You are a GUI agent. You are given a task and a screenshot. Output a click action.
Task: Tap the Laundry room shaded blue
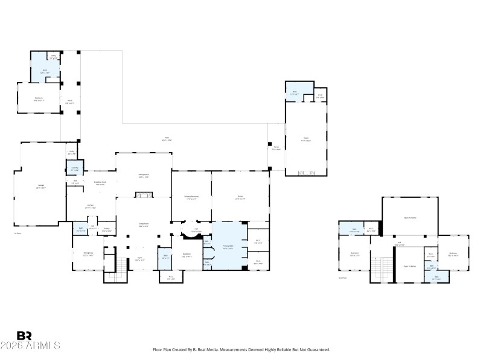click(75, 169)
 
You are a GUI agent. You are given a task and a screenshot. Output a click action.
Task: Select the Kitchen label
click(90, 206)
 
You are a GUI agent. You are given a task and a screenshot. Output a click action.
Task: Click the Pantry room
click(106, 229)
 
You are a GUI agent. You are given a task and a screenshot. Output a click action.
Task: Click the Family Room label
click(144, 176)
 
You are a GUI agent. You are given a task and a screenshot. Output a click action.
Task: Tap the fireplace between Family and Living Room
click(144, 194)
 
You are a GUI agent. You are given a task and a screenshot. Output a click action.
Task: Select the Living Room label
click(144, 226)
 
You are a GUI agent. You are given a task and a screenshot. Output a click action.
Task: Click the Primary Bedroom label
click(191, 198)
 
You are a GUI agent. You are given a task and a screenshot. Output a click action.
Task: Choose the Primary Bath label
click(228, 246)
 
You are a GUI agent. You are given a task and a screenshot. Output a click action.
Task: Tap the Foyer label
click(138, 259)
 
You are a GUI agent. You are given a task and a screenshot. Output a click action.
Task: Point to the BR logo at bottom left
click(24, 335)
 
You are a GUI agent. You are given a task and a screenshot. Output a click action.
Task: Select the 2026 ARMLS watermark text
click(30, 346)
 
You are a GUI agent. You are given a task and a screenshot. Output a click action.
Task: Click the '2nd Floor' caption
click(342, 278)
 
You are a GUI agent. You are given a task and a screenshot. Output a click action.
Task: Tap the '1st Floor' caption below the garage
click(18, 233)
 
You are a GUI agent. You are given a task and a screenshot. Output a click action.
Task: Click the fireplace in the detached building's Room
click(308, 171)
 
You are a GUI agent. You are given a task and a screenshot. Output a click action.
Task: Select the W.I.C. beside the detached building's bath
click(320, 96)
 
